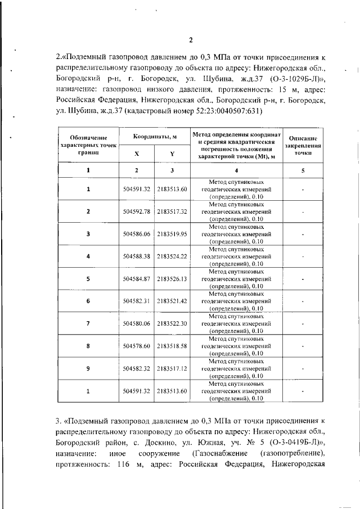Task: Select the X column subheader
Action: (x=137, y=154)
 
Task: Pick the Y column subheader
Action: (x=172, y=154)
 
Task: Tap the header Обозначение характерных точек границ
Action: (x=88, y=145)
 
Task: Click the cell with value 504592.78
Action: (x=137, y=211)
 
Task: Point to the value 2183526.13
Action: (x=172, y=279)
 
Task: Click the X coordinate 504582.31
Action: (x=137, y=301)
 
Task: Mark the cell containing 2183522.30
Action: (x=172, y=324)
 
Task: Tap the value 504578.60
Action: (x=137, y=346)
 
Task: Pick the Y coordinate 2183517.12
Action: (x=172, y=369)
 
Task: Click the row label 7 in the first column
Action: (x=88, y=324)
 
